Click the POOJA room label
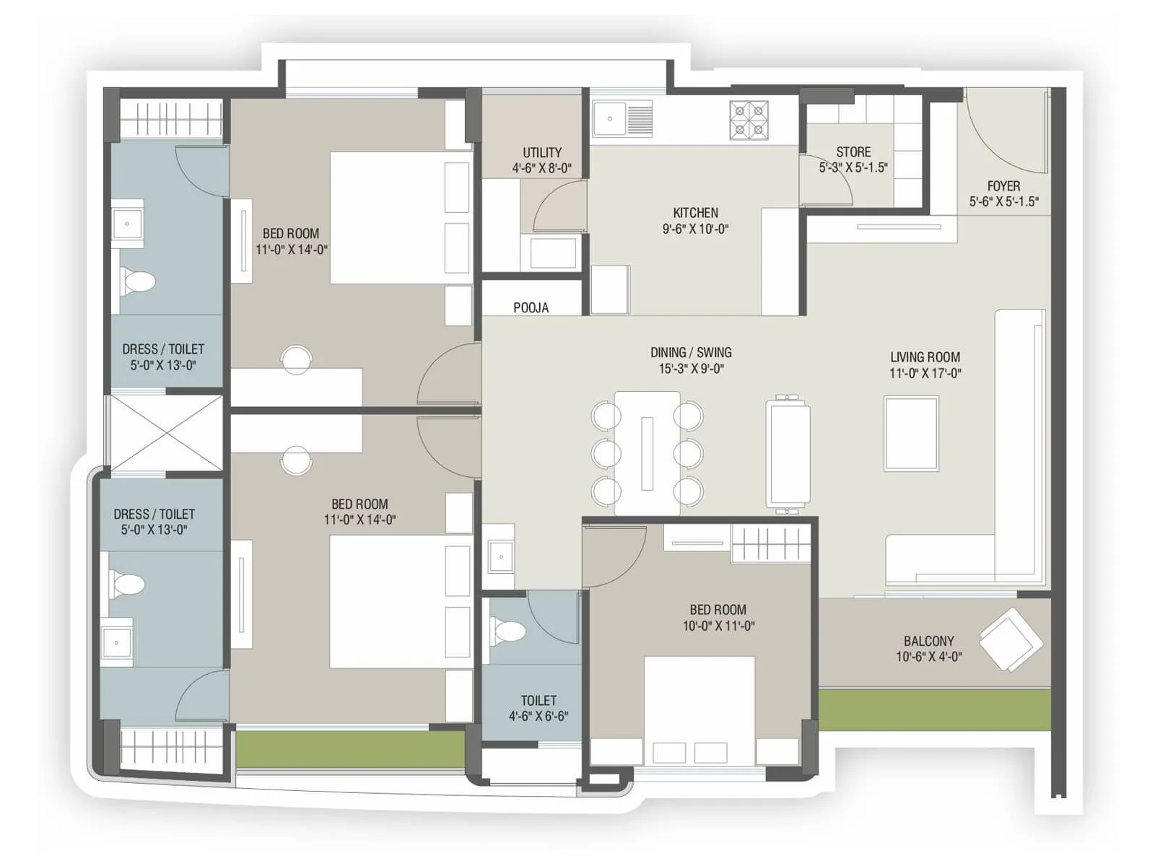coord(531,307)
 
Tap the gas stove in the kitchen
coord(749,120)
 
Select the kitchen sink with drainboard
coord(622,118)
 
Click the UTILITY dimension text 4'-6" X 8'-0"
coord(541,168)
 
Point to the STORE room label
coord(853,152)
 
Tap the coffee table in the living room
coord(912,433)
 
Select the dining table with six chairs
coord(647,453)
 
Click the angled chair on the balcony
coord(1011,639)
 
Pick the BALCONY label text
coord(928,641)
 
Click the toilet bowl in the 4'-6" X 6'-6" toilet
coord(508,631)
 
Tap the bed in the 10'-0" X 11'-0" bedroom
coord(699,700)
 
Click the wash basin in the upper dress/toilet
coord(128,224)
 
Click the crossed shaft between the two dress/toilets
coord(166,434)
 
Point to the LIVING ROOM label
coord(925,357)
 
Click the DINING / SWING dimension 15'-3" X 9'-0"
coord(691,369)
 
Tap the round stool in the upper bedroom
coord(296,359)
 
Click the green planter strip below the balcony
coord(934,709)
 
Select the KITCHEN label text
coord(695,213)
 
